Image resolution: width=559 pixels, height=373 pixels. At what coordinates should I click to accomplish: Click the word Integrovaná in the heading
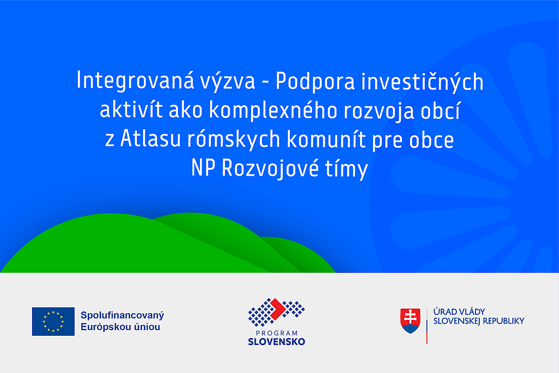135,81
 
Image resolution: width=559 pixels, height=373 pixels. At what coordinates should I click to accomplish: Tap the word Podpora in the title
315,82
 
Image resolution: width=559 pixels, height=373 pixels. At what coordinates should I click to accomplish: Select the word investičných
422,81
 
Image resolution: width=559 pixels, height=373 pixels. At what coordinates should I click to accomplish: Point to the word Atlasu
150,138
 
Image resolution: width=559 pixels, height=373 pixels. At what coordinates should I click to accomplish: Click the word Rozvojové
270,168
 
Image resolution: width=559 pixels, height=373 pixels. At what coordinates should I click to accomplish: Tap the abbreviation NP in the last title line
204,168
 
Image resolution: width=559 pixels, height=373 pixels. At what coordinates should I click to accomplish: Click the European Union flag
53,321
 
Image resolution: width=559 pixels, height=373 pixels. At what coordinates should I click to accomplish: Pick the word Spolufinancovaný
122,316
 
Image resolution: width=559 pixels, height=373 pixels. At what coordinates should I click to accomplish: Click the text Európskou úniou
120,327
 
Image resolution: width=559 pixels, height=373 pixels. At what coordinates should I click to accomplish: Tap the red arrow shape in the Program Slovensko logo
278,309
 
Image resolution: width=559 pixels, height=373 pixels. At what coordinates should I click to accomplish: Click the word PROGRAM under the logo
277,333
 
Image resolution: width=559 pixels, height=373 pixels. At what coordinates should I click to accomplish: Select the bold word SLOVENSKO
277,341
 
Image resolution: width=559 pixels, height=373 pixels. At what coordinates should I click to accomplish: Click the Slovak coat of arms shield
410,321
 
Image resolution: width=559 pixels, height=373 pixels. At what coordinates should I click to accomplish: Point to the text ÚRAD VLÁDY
459,312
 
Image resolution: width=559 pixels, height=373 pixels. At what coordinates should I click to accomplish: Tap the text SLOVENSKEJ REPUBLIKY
479,321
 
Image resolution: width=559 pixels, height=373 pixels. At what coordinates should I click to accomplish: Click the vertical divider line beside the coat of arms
427,326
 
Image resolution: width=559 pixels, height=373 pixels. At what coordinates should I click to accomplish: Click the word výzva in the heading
228,81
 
